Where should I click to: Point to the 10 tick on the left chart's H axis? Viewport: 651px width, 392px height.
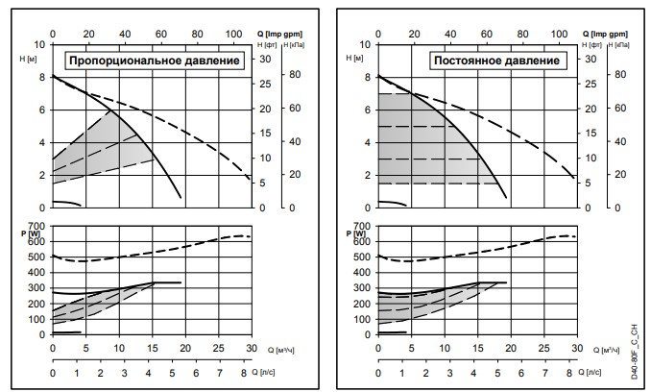point(39,44)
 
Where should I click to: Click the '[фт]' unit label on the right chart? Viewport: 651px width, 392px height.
point(593,45)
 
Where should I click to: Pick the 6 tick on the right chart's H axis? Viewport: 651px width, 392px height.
point(367,110)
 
